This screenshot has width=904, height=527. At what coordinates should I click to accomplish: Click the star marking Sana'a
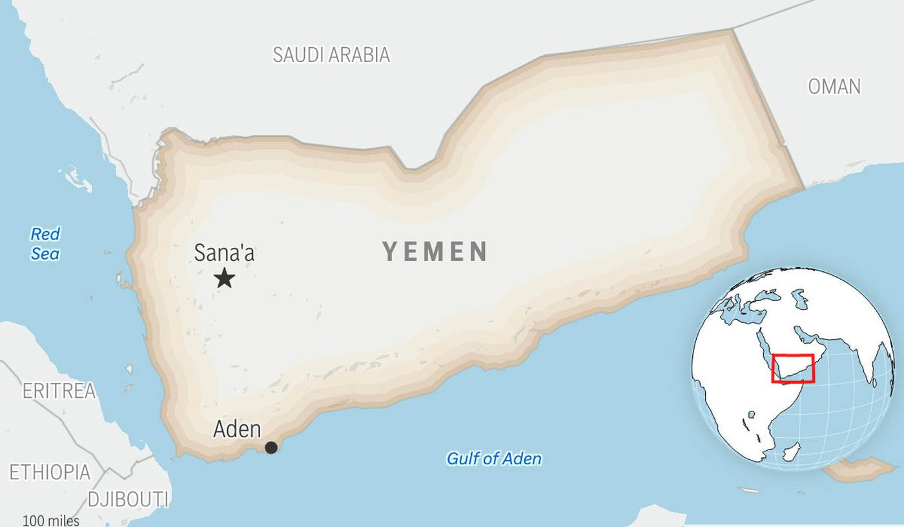(x=225, y=278)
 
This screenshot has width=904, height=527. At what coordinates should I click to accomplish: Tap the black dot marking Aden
(x=271, y=448)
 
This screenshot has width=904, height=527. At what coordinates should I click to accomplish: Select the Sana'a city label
(x=224, y=253)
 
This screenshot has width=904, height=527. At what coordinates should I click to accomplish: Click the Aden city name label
(x=237, y=429)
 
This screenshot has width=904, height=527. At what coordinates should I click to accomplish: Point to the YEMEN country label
(x=435, y=251)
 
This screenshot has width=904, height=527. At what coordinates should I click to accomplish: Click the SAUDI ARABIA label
(x=331, y=55)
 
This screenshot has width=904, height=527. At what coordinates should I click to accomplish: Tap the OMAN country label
(x=834, y=87)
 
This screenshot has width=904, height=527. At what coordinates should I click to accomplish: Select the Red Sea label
(x=45, y=243)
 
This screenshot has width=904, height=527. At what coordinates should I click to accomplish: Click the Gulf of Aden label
(x=494, y=459)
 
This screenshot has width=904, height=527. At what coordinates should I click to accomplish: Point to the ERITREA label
(x=59, y=391)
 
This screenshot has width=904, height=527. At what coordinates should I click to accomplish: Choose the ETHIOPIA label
(x=50, y=472)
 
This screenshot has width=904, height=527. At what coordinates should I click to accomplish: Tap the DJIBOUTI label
(x=128, y=499)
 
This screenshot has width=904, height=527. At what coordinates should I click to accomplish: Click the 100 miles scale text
(x=51, y=521)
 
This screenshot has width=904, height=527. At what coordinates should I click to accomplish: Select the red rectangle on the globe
(x=793, y=368)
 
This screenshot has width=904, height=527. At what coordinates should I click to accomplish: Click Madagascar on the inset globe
(x=792, y=451)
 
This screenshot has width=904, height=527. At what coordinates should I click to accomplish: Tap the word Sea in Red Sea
(x=45, y=254)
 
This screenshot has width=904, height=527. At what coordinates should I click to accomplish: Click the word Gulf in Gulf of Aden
(x=462, y=459)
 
